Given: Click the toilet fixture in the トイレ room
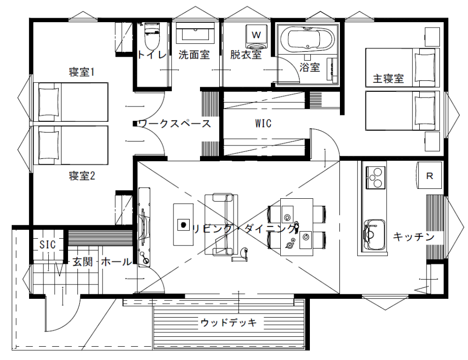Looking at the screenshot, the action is [152, 36].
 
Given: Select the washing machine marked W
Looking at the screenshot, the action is [256, 37].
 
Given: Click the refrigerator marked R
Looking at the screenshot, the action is [429, 176].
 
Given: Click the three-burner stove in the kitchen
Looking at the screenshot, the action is [375, 178].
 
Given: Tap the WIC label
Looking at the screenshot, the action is [263, 123].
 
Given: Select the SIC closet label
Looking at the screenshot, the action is [48, 245].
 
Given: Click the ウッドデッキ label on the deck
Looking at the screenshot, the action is [229, 323].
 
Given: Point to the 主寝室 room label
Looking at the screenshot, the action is [388, 79].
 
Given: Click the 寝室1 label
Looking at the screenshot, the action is [82, 72].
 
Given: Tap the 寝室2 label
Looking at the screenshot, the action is [82, 176].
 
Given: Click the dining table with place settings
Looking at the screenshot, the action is [297, 227].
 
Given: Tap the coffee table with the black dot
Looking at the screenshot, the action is [183, 224].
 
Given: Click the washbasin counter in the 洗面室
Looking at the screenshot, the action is [195, 31].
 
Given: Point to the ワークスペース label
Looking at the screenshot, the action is [174, 123].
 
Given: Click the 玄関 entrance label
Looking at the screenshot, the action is [82, 262].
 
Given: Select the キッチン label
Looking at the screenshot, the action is [413, 237].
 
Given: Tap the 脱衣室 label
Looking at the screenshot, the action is [246, 55].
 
